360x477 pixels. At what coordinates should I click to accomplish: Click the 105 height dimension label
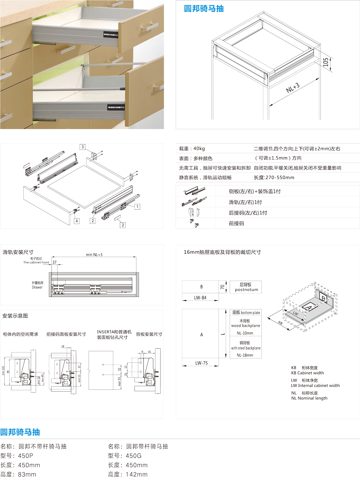click(326, 62)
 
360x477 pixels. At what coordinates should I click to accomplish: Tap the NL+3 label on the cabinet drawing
click(293, 88)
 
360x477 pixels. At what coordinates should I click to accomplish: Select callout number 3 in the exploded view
click(82, 147)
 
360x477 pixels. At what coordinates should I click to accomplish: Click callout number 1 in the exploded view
click(137, 207)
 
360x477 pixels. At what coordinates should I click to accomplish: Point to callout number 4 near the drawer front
click(76, 221)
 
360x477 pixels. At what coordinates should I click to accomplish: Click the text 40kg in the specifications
click(199, 148)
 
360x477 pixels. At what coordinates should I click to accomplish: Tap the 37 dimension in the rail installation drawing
click(54, 262)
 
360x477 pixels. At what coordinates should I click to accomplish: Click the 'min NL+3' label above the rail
click(94, 255)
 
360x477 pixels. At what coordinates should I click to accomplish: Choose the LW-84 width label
click(200, 298)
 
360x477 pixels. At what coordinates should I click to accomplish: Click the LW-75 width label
click(201, 363)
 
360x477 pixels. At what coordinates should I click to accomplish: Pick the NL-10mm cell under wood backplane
click(245, 333)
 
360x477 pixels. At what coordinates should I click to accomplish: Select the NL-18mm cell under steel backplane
click(245, 355)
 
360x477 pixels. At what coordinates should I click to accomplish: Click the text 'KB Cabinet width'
click(307, 373)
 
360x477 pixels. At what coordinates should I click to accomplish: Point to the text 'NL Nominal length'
click(309, 398)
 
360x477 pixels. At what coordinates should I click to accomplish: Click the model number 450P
click(26, 456)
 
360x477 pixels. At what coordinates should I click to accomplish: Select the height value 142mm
click(136, 474)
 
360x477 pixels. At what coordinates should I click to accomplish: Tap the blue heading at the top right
click(204, 9)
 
